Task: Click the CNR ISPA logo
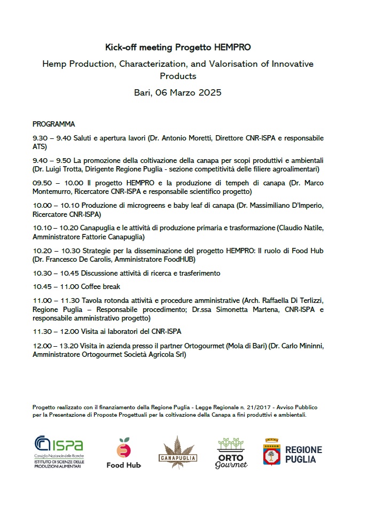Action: [x=59, y=452]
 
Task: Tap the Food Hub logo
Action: [x=123, y=453]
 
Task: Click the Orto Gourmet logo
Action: [x=231, y=453]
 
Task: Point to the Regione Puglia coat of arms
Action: [x=273, y=452]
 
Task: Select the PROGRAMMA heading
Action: [x=53, y=124]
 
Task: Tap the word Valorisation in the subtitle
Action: [x=214, y=64]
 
